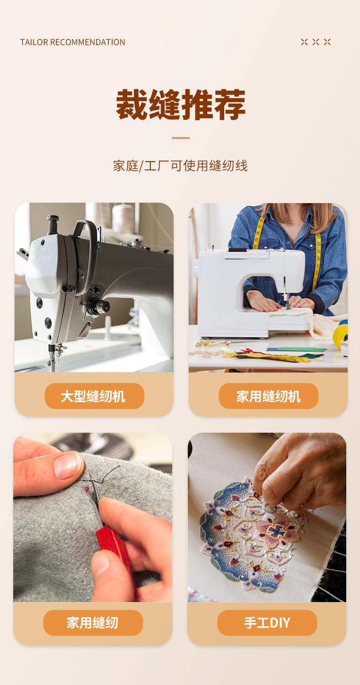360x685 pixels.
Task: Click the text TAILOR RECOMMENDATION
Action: (72, 42)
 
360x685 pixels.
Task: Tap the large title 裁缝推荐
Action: (180, 105)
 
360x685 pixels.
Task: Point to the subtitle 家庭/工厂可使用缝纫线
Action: (180, 166)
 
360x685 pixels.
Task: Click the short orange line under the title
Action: (180, 138)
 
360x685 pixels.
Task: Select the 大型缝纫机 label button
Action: (94, 396)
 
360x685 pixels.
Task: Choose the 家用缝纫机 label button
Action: (268, 396)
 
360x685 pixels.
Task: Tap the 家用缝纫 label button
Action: (93, 623)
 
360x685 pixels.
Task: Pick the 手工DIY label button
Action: (267, 623)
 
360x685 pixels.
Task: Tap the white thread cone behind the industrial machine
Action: (123, 219)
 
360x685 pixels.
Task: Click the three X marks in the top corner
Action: (316, 42)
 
